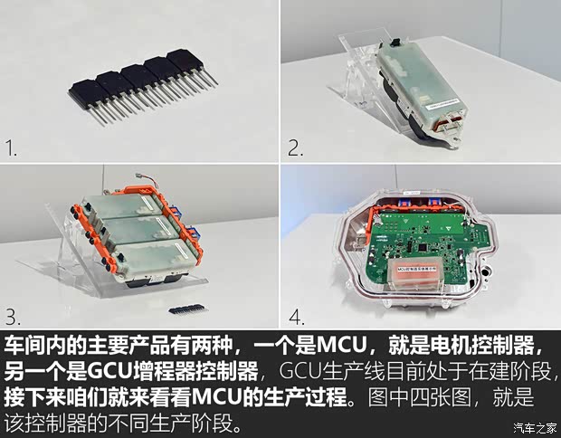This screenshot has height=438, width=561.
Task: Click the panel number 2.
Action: (x=295, y=147)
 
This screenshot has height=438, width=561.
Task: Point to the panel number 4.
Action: (x=296, y=317)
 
